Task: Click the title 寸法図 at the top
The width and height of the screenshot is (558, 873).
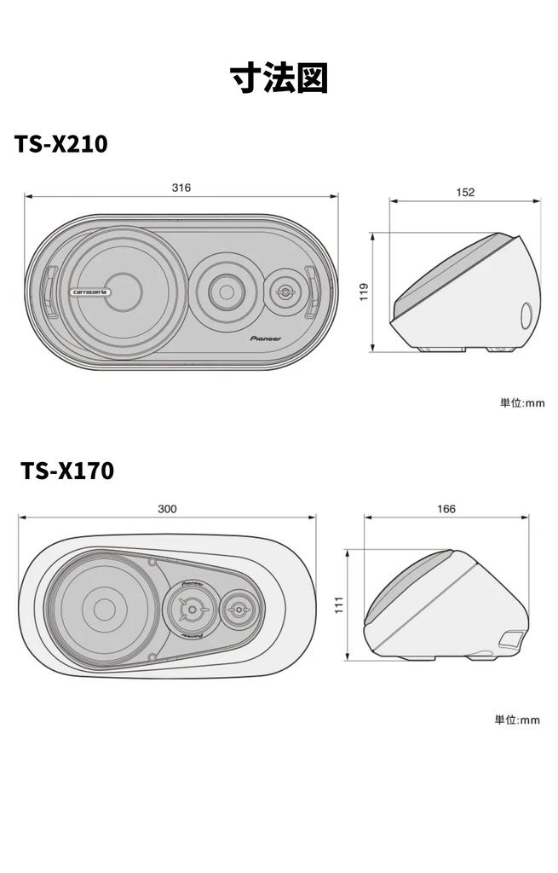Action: tap(279, 78)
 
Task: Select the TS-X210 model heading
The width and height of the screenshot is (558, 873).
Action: tap(60, 144)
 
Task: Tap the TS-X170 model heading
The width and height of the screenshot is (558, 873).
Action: tap(67, 470)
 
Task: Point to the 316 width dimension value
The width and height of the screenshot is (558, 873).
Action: tap(181, 188)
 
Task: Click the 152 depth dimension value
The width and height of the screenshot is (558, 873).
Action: tap(465, 193)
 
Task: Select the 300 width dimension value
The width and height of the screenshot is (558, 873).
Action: tap(168, 509)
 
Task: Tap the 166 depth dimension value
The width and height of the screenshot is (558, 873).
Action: tap(446, 509)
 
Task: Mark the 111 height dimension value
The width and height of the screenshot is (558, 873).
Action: tap(338, 604)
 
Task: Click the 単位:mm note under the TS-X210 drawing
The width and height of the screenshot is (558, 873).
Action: tap(521, 402)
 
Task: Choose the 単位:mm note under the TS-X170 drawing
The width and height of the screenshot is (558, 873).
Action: tap(517, 720)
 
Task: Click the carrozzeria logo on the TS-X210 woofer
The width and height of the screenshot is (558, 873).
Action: tap(91, 290)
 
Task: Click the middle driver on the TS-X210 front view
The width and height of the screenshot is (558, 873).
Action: tap(225, 292)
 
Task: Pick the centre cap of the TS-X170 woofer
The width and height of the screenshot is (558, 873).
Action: tap(104, 609)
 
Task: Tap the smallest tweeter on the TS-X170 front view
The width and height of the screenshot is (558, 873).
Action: tap(236, 610)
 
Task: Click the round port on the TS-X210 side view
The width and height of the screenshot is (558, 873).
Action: tap(527, 315)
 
